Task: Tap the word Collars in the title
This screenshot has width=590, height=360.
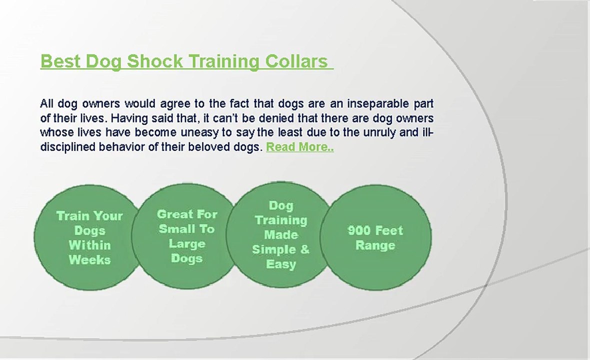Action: click(296, 61)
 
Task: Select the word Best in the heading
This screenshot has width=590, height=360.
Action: click(60, 61)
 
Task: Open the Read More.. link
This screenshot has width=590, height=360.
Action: click(300, 147)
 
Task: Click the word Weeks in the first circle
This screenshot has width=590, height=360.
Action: click(89, 260)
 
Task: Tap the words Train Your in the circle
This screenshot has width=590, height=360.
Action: click(89, 216)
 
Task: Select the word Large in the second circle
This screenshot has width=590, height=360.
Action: click(187, 244)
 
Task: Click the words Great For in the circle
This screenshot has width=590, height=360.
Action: click(187, 214)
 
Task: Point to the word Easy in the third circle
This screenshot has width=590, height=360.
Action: click(281, 264)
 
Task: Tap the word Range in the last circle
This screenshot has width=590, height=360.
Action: click(375, 245)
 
